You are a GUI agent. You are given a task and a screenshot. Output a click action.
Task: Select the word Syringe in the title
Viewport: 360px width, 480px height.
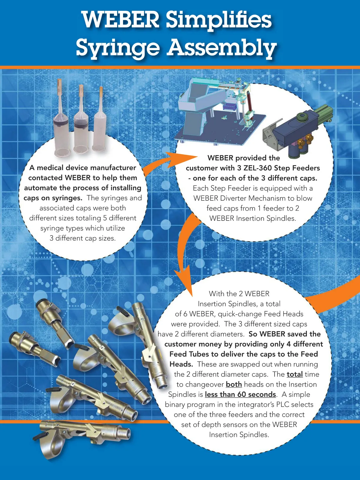tap(118, 48)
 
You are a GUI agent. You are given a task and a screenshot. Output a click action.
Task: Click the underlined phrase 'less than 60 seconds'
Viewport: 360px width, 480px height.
tap(240, 394)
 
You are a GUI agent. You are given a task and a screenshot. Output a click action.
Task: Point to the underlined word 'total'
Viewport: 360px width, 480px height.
tap(295, 374)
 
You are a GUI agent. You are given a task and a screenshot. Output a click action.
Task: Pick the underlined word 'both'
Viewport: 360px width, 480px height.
tap(234, 384)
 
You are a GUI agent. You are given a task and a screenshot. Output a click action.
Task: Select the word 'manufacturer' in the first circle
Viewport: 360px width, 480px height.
tap(113, 168)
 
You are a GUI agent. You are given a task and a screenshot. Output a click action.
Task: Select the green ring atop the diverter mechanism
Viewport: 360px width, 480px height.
tap(302, 115)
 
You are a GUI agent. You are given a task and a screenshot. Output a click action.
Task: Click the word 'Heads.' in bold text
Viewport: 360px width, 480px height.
tap(181, 364)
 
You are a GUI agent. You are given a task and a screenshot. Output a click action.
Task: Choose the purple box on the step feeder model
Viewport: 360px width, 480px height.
tap(230, 107)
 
